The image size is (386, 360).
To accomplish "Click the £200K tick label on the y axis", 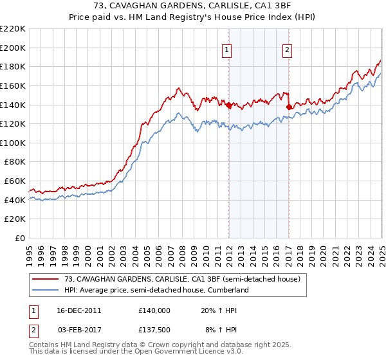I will pos(13,48).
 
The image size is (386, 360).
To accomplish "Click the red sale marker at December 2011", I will pos(228,105).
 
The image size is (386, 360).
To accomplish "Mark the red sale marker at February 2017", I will pos(289,107).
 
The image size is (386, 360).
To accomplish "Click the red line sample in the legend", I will pos(46,279).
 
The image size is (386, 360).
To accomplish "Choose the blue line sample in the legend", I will pos(46,290).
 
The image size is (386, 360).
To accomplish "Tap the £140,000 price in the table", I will pos(154,310).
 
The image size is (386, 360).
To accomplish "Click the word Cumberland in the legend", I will pos(227,290).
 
